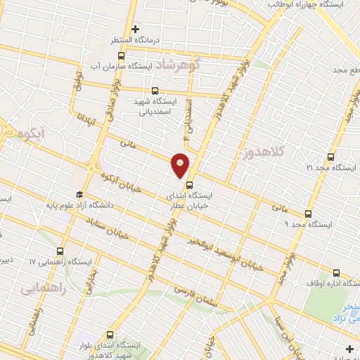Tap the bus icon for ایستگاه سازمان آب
click(122, 56)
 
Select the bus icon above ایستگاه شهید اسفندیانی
click(155, 90)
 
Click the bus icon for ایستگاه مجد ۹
click(308, 214)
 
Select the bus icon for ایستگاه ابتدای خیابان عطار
click(188, 186)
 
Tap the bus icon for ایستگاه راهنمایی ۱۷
click(58, 250)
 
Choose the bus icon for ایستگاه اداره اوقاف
click(335, 273)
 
